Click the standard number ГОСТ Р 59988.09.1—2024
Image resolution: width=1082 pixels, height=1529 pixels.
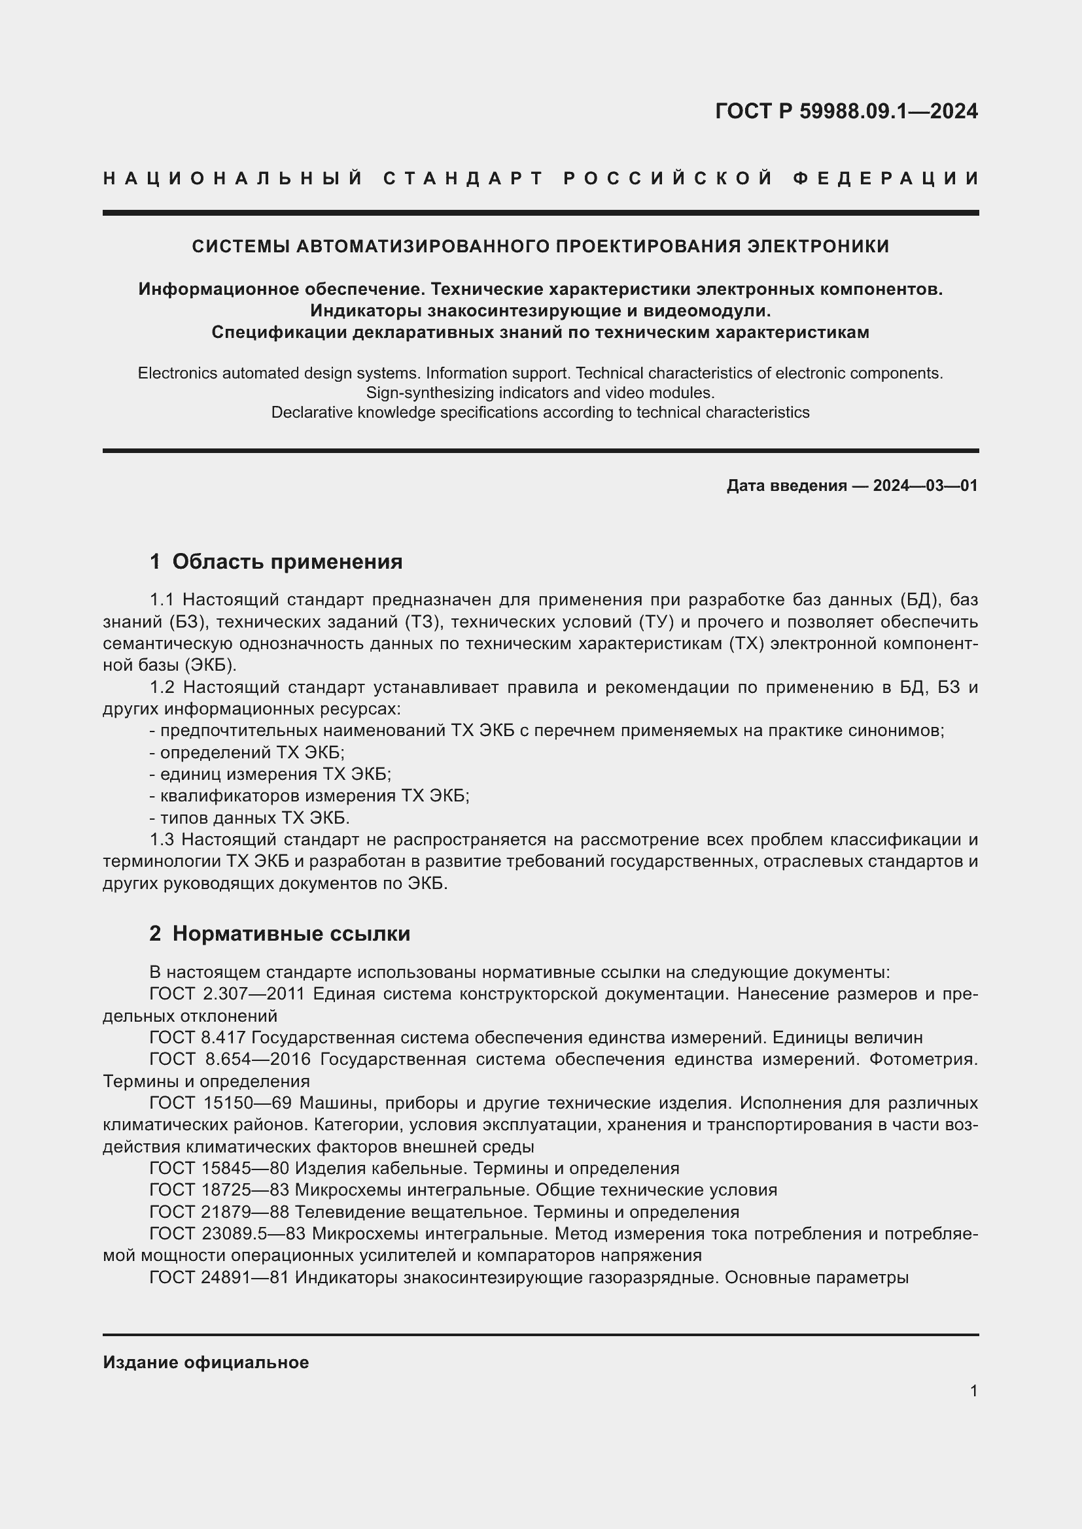tap(846, 111)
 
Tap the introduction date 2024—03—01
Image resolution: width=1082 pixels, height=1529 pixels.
tap(925, 486)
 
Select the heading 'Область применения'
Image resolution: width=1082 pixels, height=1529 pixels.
tap(287, 562)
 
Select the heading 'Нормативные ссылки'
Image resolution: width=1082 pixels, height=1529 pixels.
tap(291, 933)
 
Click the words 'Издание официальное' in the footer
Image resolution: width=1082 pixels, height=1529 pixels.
tap(206, 1362)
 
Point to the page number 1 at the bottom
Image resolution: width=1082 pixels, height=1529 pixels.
tap(973, 1390)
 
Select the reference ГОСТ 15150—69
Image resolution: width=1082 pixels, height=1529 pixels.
tap(220, 1103)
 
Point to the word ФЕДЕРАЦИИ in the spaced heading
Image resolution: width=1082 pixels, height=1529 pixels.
tap(886, 178)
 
